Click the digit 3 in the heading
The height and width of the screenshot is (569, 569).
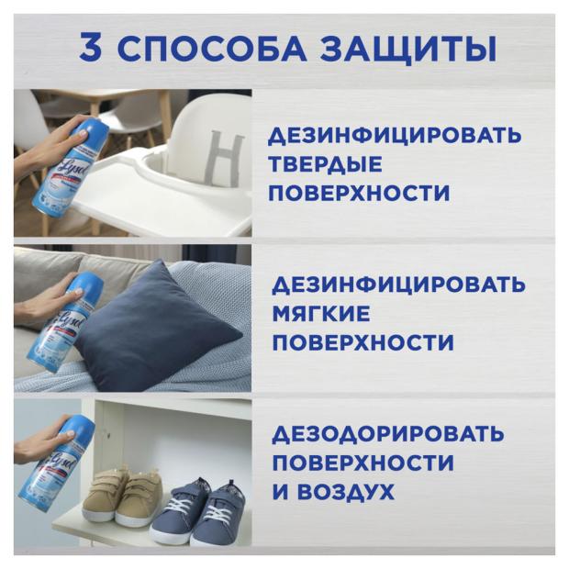90,48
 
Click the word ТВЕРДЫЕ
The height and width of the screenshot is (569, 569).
325,164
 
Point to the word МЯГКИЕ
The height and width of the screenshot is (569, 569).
321,314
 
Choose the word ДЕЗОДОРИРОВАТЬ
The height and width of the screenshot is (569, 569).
388,434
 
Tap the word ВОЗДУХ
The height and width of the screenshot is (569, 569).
348,492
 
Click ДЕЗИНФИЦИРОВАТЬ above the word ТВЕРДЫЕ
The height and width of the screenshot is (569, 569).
395,136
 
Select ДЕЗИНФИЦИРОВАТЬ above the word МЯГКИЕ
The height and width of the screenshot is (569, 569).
398,285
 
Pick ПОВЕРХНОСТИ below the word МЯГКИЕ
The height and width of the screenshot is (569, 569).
363,342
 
